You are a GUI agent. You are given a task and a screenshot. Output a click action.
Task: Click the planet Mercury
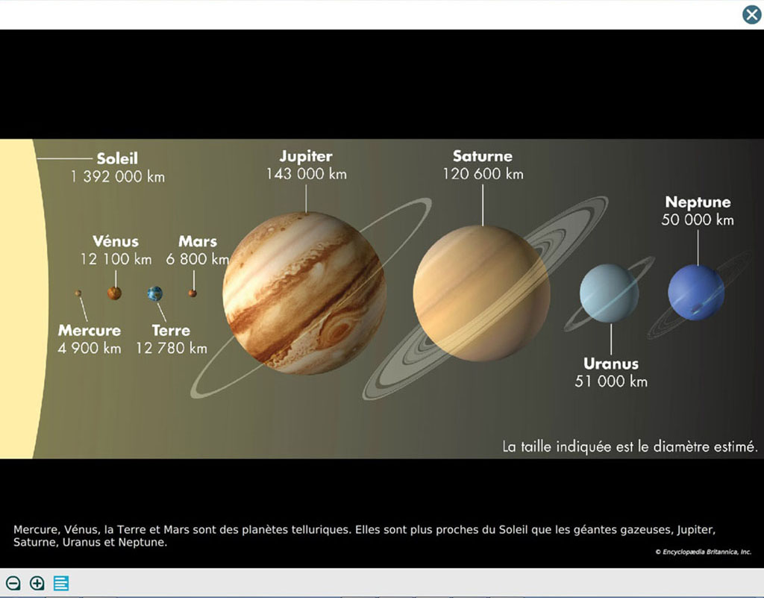[78, 293]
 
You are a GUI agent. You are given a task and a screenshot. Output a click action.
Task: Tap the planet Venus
[114, 293]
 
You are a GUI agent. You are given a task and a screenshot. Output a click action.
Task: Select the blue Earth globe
[155, 293]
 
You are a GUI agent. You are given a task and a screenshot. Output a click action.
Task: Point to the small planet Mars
[192, 293]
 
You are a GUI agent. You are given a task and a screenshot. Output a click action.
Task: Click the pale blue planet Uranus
[609, 293]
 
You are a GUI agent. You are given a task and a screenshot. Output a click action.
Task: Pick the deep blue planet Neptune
[696, 293]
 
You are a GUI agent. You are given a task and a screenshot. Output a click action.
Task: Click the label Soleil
[117, 158]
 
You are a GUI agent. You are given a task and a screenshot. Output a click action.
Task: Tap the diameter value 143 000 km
[307, 174]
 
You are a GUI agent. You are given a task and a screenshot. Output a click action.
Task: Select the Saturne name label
[483, 156]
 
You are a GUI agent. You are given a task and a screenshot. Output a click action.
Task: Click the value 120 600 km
[483, 174]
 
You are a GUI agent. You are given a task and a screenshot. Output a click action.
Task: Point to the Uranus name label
[611, 364]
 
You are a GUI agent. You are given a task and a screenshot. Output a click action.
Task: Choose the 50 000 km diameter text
[698, 219]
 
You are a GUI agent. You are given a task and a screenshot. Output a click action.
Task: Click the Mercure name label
[90, 331]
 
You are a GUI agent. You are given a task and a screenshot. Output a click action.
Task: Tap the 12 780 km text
[172, 348]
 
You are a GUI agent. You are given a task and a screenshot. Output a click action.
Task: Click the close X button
[752, 15]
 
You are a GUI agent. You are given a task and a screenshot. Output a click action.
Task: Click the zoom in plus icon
[37, 583]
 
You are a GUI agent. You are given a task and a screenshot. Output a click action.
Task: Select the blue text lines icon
[61, 583]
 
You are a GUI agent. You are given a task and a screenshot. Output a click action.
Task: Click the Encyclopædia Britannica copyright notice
[703, 552]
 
